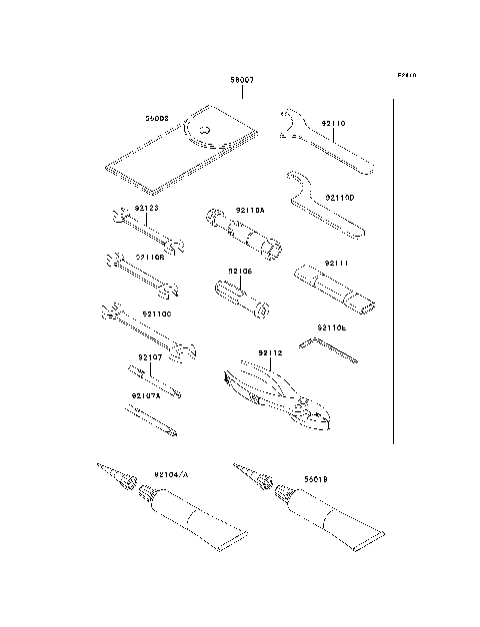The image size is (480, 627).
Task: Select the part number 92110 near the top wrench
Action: point(333,125)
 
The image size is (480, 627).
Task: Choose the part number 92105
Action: point(239,271)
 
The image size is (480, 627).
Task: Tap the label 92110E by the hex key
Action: point(331,327)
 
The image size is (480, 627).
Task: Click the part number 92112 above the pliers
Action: point(270,352)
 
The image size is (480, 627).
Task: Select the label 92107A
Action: point(147,396)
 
